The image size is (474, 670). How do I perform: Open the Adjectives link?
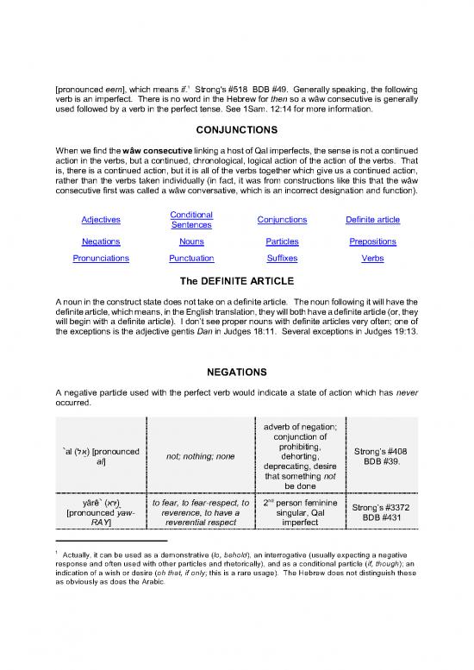(x=101, y=220)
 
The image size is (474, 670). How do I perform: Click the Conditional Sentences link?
(x=192, y=219)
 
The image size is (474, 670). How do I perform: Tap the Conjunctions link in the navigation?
(x=283, y=220)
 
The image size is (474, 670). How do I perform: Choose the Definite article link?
(x=372, y=220)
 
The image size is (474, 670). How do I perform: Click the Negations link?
(x=101, y=241)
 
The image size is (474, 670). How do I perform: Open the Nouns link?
(x=192, y=241)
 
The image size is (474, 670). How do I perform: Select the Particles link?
(x=283, y=241)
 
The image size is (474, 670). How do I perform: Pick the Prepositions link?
(x=372, y=241)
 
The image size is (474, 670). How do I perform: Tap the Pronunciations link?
(x=101, y=258)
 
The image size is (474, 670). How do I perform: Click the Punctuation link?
(x=192, y=258)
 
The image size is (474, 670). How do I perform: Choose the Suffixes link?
(x=283, y=258)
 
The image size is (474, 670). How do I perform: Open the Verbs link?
(x=372, y=258)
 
